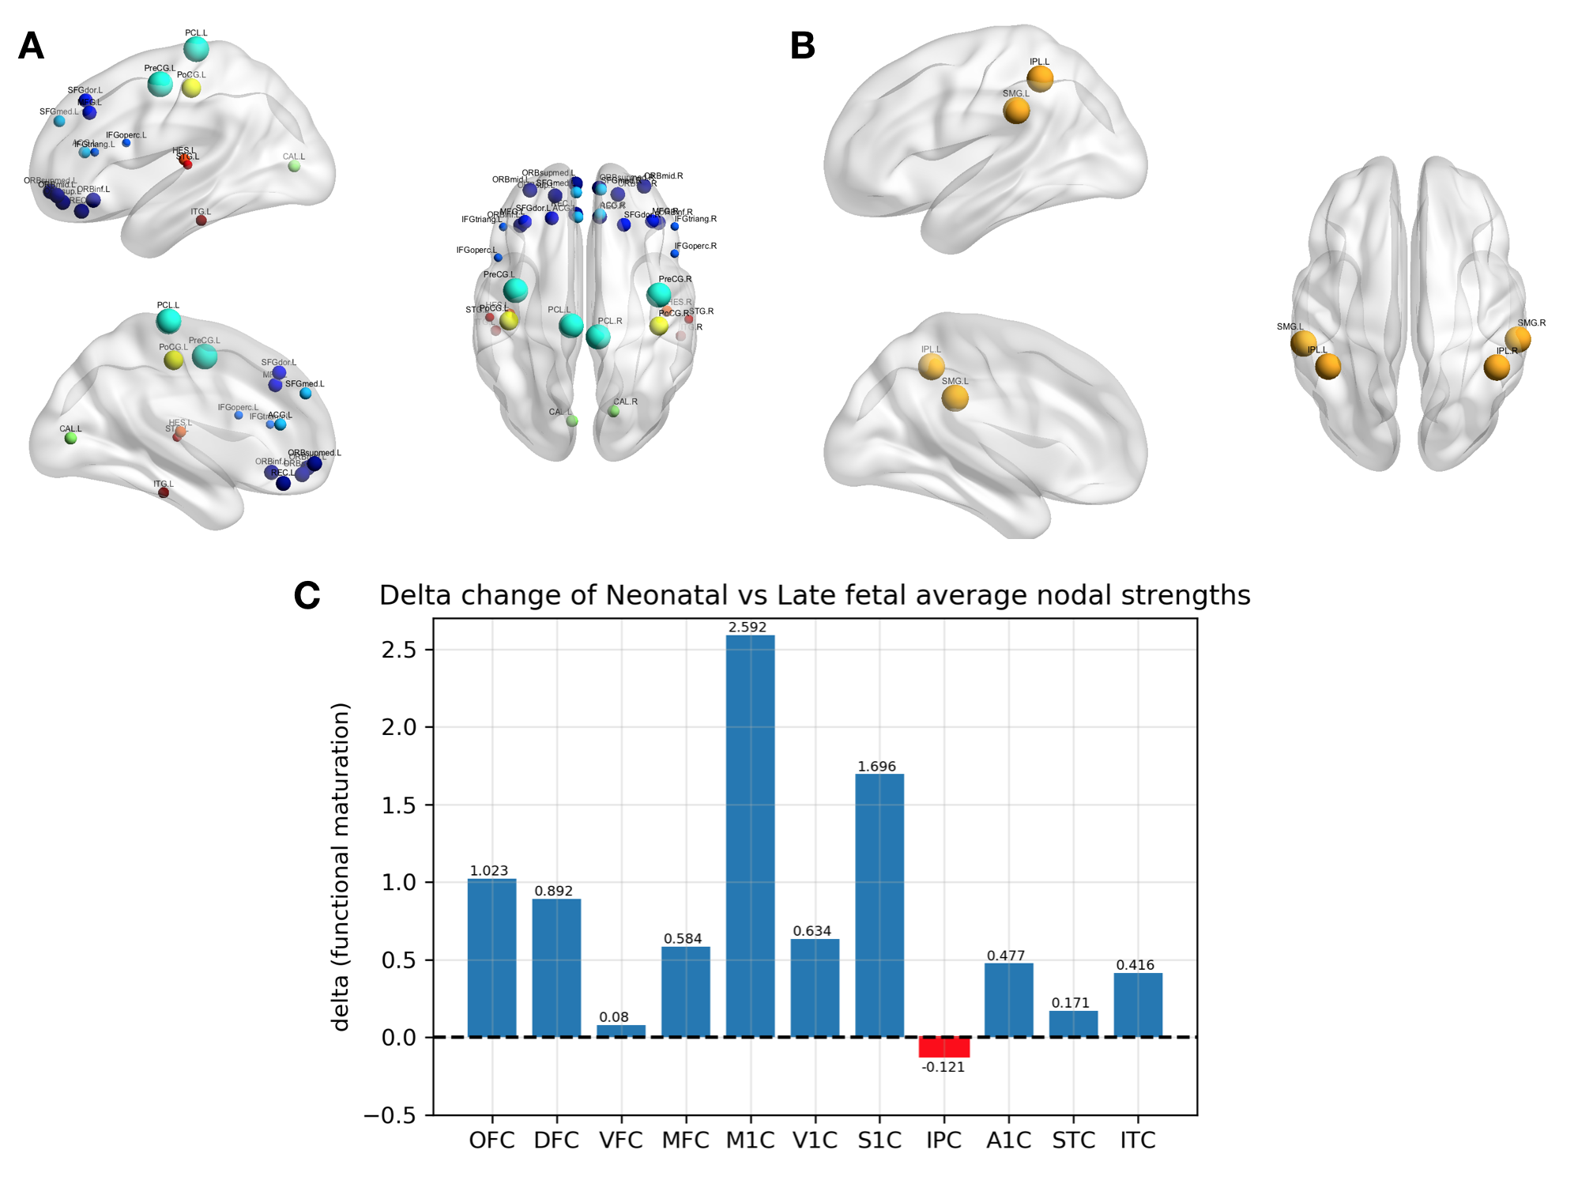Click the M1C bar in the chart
pyautogui.click(x=750, y=835)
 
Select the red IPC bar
pyautogui.click(x=943, y=1047)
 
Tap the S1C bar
pyautogui.click(x=879, y=905)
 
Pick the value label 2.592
pyautogui.click(x=748, y=628)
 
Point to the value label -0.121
pyautogui.click(x=943, y=1067)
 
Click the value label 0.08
pyautogui.click(x=614, y=1017)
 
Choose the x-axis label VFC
pyautogui.click(x=621, y=1141)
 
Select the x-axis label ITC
pyautogui.click(x=1138, y=1141)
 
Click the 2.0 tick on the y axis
pyautogui.click(x=399, y=727)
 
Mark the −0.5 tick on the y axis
pyautogui.click(x=390, y=1115)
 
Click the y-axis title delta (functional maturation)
pyautogui.click(x=341, y=867)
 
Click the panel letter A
pyautogui.click(x=31, y=46)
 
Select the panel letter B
pyautogui.click(x=802, y=46)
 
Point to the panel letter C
pyautogui.click(x=307, y=596)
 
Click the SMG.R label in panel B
pyautogui.click(x=1531, y=323)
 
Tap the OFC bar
pyautogui.click(x=491, y=957)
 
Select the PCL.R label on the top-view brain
pyautogui.click(x=610, y=321)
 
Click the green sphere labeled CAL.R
pyautogui.click(x=614, y=411)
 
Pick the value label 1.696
pyautogui.click(x=877, y=767)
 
